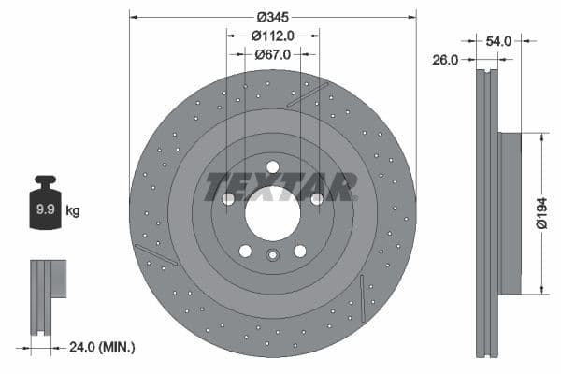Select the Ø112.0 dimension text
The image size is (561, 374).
click(272, 35)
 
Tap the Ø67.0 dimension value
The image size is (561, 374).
click(272, 54)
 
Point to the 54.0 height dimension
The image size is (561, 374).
click(497, 41)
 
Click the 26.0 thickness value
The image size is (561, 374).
click(445, 60)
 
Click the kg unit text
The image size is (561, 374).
click(73, 211)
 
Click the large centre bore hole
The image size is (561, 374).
click(272, 218)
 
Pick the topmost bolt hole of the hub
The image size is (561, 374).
click(272, 167)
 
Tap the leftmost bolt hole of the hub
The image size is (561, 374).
click(228, 199)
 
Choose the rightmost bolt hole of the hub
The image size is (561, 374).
click(317, 199)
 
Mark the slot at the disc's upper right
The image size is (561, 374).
click(308, 94)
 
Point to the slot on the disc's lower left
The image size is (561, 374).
click(155, 253)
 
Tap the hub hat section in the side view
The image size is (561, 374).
click(511, 213)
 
